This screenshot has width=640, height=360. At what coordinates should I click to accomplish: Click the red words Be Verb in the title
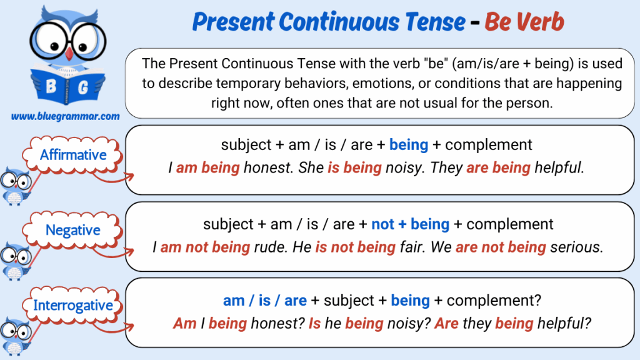click(524, 21)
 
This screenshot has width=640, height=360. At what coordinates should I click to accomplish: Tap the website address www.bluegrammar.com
click(65, 116)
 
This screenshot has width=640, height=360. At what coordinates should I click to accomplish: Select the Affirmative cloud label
click(72, 155)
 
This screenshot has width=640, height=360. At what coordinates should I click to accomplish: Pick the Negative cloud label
click(72, 230)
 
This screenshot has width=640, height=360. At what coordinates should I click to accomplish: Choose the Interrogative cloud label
click(72, 305)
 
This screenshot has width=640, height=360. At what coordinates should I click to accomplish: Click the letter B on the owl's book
click(51, 86)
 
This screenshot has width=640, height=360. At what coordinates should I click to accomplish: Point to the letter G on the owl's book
click(83, 87)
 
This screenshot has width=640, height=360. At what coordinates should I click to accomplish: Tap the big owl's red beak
click(69, 54)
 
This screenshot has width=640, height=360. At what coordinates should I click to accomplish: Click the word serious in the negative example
click(577, 247)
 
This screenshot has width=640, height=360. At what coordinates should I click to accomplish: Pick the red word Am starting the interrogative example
click(185, 323)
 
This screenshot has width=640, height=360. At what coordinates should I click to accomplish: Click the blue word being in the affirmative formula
click(409, 145)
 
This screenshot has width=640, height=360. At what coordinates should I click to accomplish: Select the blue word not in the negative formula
click(382, 224)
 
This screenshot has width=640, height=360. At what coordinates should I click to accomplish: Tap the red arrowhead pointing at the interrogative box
click(130, 326)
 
